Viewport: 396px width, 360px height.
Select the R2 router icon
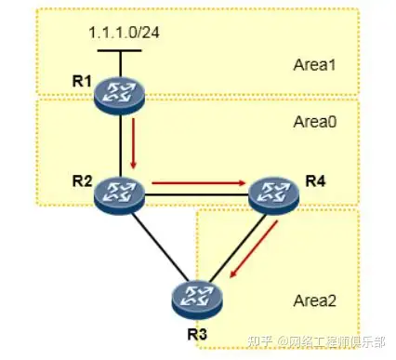coord(121,193)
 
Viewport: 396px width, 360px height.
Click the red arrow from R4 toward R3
coord(254,251)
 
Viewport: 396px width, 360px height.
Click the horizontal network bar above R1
coord(120,52)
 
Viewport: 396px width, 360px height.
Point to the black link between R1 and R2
coord(121,144)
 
